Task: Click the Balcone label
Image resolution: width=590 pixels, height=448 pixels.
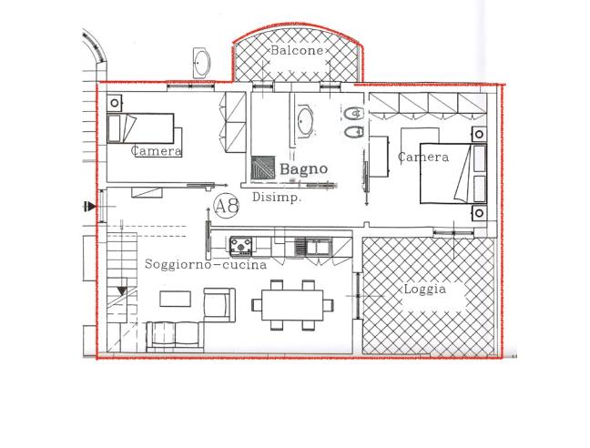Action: (x=297, y=50)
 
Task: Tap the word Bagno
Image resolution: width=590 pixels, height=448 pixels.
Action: (x=304, y=168)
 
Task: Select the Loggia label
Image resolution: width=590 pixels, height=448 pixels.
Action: (x=425, y=290)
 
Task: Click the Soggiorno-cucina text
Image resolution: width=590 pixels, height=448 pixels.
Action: (x=206, y=264)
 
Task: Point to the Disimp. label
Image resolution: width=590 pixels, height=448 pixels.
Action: (x=277, y=197)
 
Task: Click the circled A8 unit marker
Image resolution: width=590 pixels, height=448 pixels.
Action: (x=227, y=206)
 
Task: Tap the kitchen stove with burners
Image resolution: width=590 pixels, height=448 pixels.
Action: (x=240, y=246)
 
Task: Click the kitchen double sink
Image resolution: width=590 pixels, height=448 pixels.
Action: (x=312, y=247)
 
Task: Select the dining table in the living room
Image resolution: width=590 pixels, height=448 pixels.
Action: (x=292, y=305)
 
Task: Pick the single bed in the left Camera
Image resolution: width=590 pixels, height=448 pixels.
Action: (x=140, y=128)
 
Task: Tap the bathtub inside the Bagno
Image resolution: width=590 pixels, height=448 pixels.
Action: (x=305, y=121)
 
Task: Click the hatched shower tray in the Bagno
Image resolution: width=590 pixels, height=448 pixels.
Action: (x=262, y=168)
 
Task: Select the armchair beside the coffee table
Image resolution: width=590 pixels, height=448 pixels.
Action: (x=219, y=305)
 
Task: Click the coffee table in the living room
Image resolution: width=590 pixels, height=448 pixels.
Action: (x=176, y=299)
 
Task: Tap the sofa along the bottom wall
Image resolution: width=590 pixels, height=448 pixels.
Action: (x=175, y=336)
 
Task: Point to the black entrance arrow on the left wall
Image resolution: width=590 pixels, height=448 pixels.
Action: (x=90, y=207)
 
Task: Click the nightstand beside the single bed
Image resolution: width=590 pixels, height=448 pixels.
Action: (x=115, y=102)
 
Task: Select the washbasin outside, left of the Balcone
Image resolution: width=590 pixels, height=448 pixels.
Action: (x=201, y=63)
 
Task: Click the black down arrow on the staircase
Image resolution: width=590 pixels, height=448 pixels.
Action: (x=122, y=291)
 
